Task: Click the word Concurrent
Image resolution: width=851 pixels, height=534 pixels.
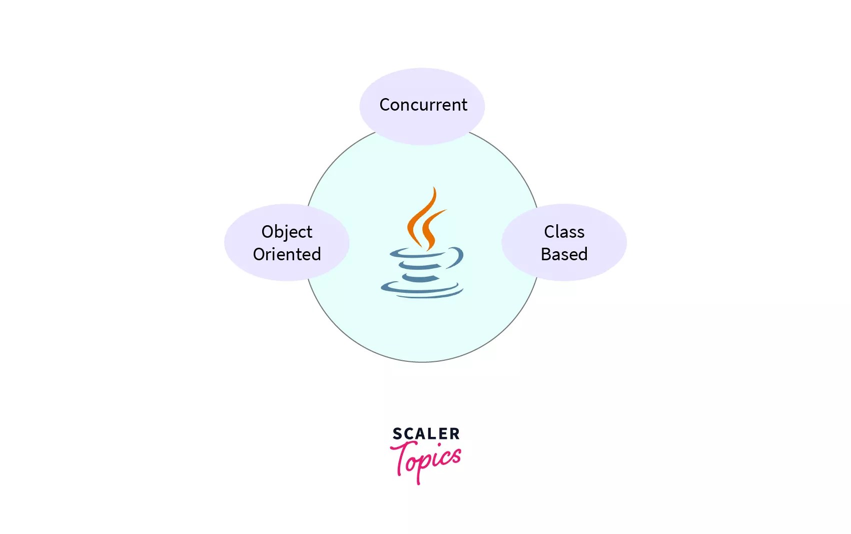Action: pos(423,105)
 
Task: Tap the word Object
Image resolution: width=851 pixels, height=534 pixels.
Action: pos(287,232)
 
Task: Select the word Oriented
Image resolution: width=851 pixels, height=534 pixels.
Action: pos(287,254)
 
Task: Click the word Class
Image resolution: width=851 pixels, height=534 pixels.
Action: pos(564,232)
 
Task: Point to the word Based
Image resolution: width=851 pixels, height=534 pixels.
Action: pos(564,254)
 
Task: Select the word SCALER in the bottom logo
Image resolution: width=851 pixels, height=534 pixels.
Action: pos(426,434)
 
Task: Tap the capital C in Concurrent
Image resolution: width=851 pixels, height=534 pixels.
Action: pos(385,105)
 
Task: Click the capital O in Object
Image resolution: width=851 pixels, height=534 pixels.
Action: pos(268,232)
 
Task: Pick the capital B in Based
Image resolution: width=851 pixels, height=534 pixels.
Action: pos(547,254)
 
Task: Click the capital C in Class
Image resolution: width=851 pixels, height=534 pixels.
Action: pos(550,232)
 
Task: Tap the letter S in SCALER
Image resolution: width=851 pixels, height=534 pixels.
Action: pos(397,434)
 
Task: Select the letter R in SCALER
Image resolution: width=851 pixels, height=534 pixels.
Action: pos(454,434)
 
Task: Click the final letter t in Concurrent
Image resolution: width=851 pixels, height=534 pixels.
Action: pos(464,106)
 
